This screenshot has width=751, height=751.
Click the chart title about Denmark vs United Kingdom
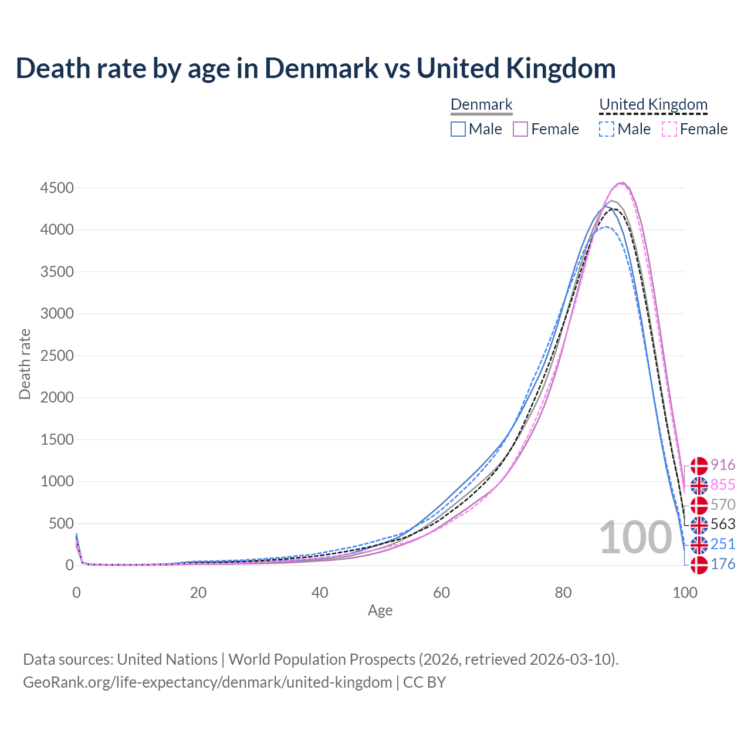[x=316, y=68]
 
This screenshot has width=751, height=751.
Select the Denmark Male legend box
[x=458, y=129]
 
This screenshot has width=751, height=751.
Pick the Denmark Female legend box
[x=521, y=129]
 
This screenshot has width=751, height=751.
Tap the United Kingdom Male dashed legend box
[x=607, y=129]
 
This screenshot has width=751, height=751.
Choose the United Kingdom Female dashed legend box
[x=669, y=129]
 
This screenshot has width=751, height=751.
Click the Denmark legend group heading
[x=482, y=104]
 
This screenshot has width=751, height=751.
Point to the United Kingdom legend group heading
[x=654, y=104]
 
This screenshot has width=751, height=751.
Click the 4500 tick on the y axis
[x=57, y=188]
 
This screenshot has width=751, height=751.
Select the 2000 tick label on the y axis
[x=57, y=397]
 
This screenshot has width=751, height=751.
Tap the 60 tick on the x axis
[x=442, y=593]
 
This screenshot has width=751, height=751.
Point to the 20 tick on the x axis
[x=198, y=593]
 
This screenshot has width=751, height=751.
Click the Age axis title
[x=380, y=610]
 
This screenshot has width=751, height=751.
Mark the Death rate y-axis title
[x=25, y=364]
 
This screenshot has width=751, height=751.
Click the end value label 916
[x=723, y=465]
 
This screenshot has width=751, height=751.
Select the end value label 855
[x=723, y=485]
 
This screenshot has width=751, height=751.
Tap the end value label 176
[x=723, y=564]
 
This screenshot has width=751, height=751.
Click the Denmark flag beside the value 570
[x=699, y=505]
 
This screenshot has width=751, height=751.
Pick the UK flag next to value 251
[x=699, y=545]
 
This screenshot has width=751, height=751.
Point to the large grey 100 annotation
[x=635, y=537]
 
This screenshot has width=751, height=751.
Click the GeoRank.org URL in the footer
[x=207, y=682]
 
